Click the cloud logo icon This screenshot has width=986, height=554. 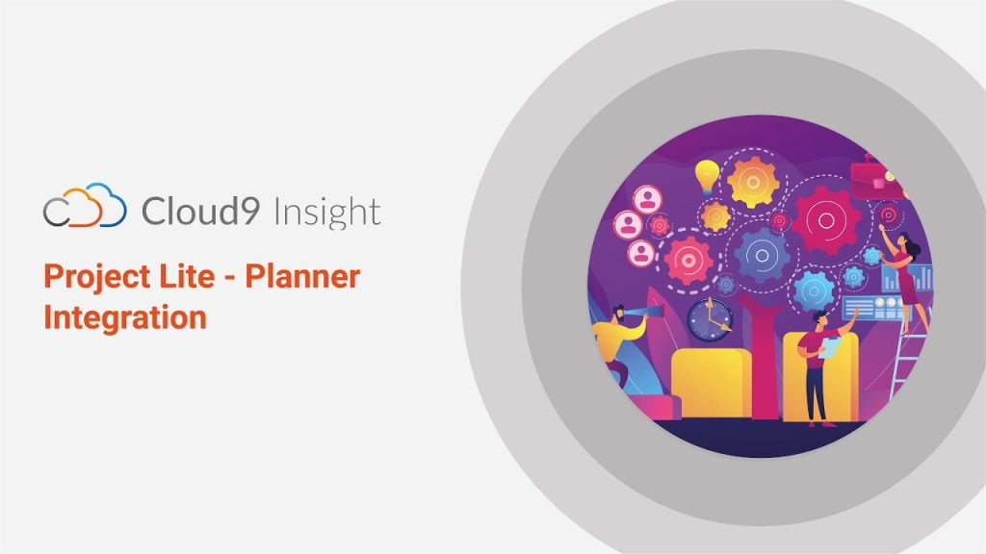(85, 206)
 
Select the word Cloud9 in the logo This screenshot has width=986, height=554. (200, 210)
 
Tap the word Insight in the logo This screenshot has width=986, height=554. (327, 212)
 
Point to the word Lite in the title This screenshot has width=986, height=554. (187, 276)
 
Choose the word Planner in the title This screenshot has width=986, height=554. (302, 276)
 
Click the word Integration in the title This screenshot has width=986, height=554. (125, 317)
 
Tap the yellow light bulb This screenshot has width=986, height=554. (707, 176)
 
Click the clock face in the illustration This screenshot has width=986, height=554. (710, 319)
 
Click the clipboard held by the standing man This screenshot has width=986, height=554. (830, 348)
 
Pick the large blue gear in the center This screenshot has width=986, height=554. (763, 256)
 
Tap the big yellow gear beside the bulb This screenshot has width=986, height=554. (753, 182)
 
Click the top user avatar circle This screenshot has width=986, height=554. (647, 200)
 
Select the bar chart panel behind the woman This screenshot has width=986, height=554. (907, 278)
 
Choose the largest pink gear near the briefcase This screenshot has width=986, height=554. (826, 220)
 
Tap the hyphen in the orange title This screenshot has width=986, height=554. (229, 278)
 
